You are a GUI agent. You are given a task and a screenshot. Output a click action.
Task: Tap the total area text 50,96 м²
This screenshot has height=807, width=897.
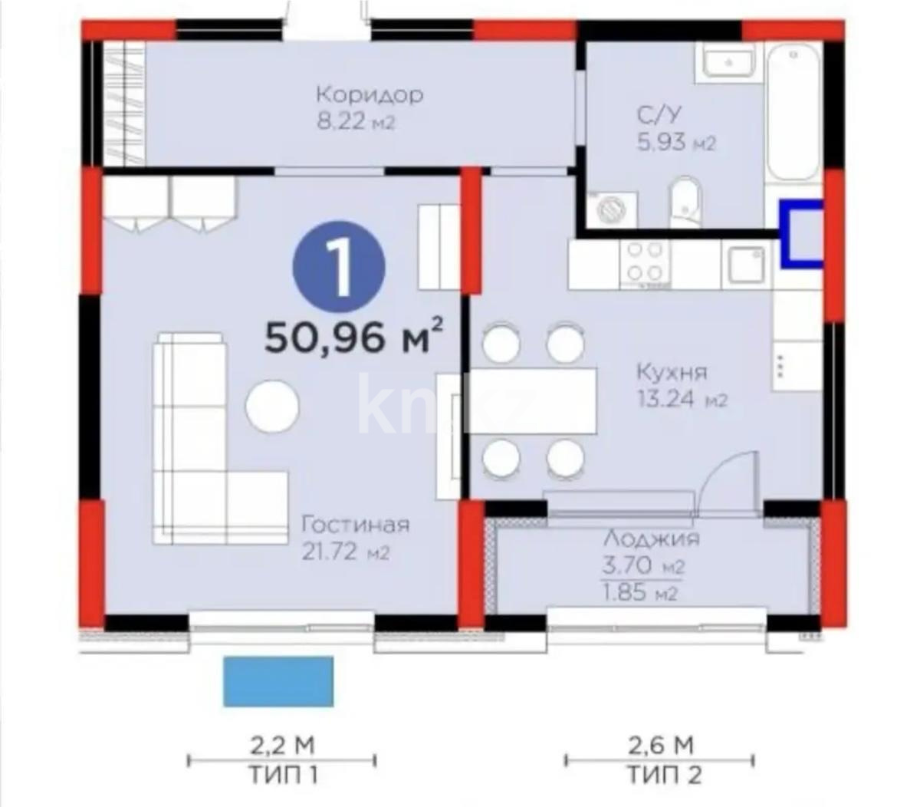pos(353,337)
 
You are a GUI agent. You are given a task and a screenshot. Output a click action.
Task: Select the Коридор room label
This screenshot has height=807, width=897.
pos(369,95)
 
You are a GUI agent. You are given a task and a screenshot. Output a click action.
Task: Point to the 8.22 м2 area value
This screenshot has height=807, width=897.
pos(356,122)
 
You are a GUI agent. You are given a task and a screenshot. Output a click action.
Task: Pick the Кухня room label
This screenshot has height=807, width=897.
pos(672,372)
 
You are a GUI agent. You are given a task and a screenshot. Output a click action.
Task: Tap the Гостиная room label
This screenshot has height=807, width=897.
pos(355,525)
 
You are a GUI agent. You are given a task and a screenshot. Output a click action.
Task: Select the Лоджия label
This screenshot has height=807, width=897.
pos(651,538)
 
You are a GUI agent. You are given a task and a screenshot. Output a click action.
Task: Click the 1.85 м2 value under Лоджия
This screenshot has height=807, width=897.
pos(639,593)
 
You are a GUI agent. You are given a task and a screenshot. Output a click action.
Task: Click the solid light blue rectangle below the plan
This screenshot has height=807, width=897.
pos(278,681)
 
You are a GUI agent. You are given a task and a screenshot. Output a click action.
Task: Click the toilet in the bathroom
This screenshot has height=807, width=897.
pos(684,203)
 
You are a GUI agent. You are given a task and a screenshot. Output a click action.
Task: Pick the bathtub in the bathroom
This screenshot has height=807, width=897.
pos(793,115)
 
